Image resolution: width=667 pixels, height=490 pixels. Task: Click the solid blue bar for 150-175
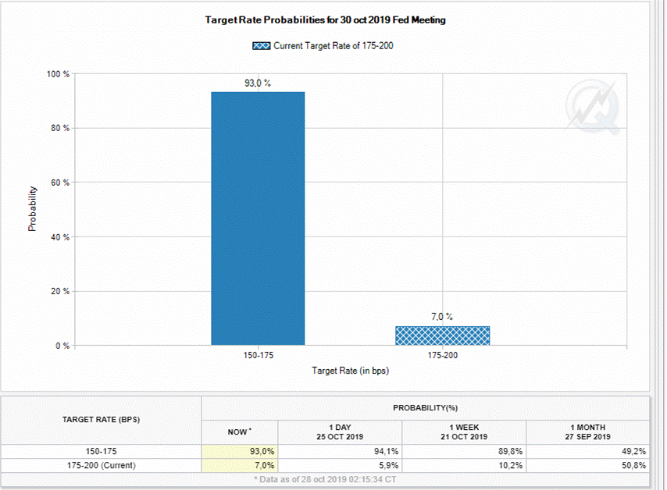click(x=258, y=218)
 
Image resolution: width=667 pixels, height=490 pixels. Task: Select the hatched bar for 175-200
click(x=442, y=336)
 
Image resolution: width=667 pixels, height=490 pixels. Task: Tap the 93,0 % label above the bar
click(x=258, y=83)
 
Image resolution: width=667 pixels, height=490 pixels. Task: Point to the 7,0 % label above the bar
click(x=442, y=317)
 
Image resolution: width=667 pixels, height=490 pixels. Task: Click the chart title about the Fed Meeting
click(x=325, y=20)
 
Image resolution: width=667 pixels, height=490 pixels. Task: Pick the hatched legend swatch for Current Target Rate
click(x=261, y=46)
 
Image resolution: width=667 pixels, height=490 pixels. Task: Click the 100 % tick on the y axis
click(x=59, y=74)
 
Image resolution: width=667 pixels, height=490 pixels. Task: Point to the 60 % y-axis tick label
click(x=60, y=183)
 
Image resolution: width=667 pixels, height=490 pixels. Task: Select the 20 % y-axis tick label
click(x=60, y=291)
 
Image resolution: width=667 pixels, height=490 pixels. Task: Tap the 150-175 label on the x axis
click(x=258, y=354)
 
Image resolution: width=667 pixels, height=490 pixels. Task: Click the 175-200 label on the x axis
click(x=442, y=354)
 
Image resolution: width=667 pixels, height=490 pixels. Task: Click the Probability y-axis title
click(x=33, y=208)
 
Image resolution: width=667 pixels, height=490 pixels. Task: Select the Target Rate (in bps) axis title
click(x=350, y=371)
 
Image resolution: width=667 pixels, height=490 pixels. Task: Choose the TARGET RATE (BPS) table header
click(x=101, y=420)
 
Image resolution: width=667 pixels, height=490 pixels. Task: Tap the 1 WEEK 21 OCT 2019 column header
click(x=464, y=431)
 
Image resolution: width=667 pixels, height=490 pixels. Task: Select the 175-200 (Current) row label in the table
click(x=101, y=465)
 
